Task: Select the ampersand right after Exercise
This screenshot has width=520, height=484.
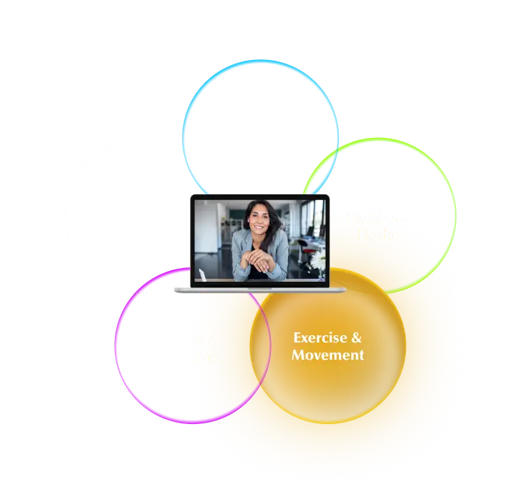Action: tap(357, 338)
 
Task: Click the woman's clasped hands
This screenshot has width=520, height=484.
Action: tap(261, 259)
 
